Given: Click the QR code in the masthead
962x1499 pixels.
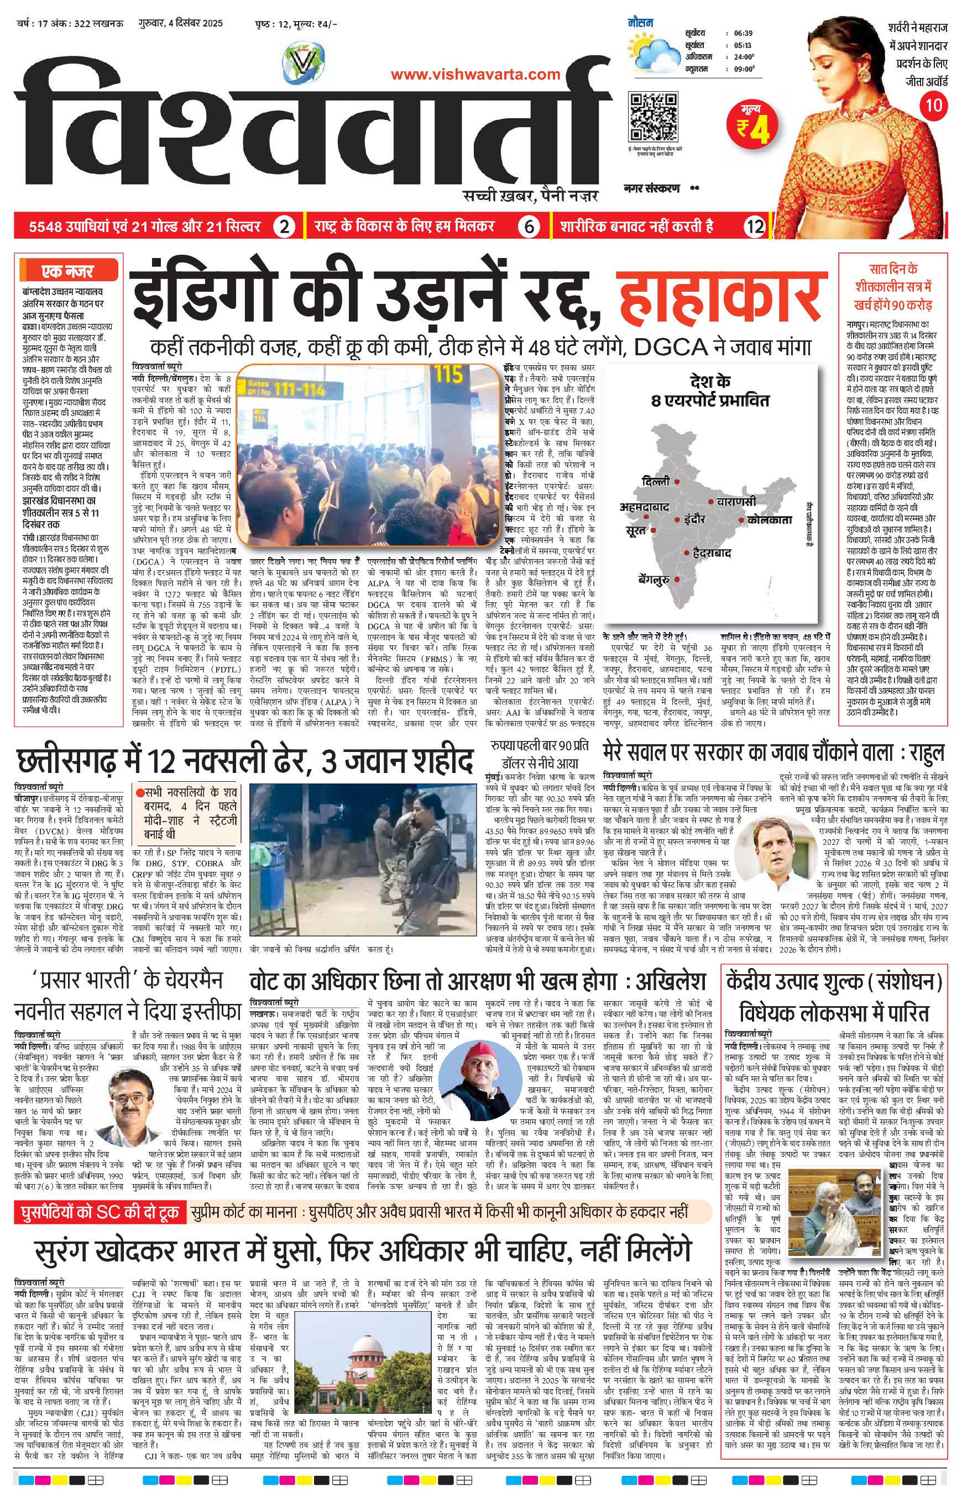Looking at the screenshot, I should click(652, 117).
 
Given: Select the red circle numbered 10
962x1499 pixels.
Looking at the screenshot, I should click(933, 104).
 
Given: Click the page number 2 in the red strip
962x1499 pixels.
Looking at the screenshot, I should click(284, 227).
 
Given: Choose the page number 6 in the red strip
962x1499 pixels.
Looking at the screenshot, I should click(529, 227).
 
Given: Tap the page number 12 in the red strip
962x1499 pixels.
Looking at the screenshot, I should click(755, 227).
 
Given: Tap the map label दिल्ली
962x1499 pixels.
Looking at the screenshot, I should click(655, 481).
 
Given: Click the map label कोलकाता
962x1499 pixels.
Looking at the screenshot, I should click(770, 519).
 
